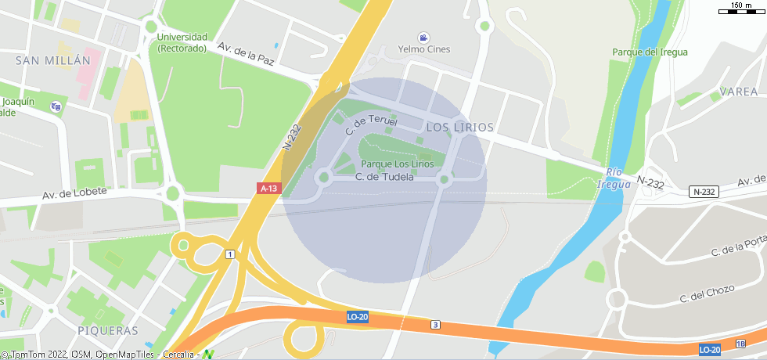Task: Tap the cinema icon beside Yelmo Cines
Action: tap(423, 38)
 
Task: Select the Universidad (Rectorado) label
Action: tap(182, 42)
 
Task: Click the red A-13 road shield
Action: tap(268, 189)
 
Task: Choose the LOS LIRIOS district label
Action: tap(460, 127)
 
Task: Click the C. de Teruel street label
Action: tap(371, 121)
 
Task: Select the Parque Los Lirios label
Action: tap(397, 164)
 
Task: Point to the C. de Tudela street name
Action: tap(384, 177)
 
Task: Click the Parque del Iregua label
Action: tap(650, 52)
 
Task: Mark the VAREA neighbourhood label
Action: tap(738, 92)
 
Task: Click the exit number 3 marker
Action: tap(436, 325)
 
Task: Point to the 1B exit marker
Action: tap(740, 344)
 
